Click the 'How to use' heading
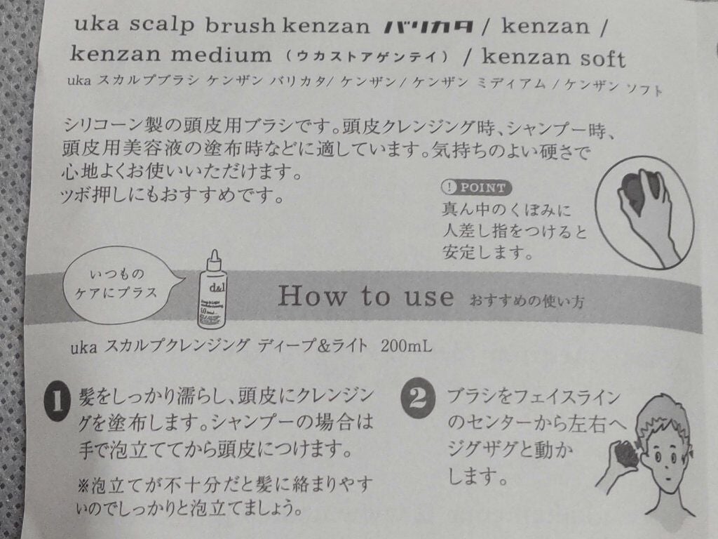365,297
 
